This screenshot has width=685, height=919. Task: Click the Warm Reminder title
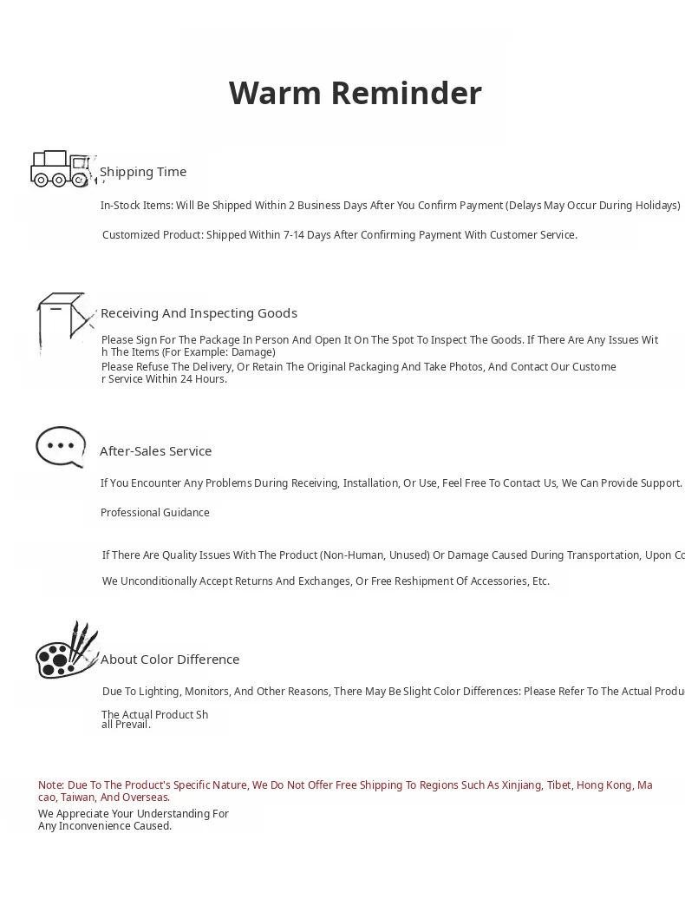355,93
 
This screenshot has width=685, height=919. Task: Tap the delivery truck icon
61,168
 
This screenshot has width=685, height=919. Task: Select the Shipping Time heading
143,172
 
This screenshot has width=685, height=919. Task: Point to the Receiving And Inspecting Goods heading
199,313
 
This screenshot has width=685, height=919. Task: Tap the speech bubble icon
61,447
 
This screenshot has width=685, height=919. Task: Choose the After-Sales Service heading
155,451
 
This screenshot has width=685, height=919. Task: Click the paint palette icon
66,652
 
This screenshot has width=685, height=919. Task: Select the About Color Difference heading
170,660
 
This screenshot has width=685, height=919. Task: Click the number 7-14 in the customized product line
293,235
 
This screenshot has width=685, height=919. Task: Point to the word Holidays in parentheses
655,206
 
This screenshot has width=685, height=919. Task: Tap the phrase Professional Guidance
154,513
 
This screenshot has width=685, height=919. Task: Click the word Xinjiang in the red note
521,785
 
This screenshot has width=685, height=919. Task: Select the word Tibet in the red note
558,785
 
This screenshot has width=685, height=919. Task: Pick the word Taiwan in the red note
77,798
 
